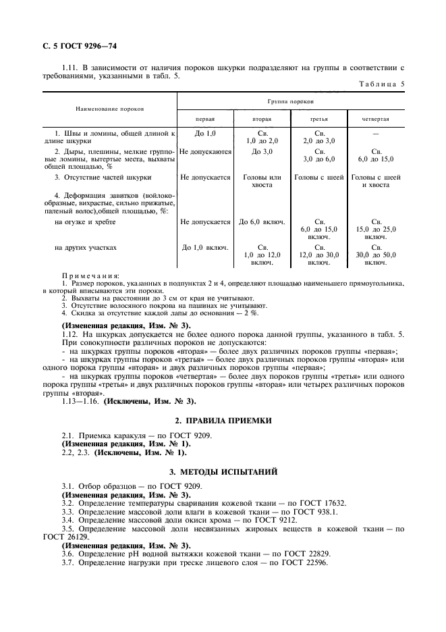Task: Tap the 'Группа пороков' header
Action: point(290,100)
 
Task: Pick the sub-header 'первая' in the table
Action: point(205,118)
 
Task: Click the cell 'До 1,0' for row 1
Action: point(205,134)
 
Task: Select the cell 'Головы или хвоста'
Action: point(261,180)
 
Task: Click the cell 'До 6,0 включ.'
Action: point(261,221)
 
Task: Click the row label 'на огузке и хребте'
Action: point(84,221)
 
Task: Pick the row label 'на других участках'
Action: point(85,247)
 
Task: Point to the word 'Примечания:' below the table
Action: point(90,275)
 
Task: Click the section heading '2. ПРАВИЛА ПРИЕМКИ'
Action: point(223,421)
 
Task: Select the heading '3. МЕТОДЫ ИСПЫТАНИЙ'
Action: point(223,470)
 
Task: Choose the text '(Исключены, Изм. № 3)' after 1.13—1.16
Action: point(140,401)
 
